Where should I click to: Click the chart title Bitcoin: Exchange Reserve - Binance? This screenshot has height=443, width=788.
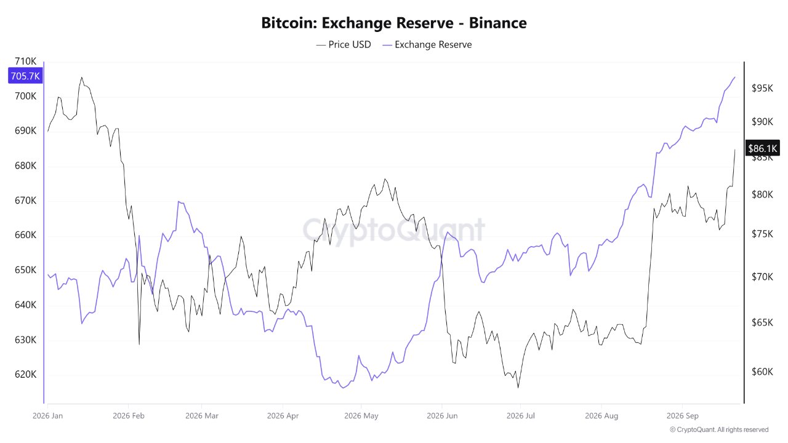pyautogui.click(x=393, y=23)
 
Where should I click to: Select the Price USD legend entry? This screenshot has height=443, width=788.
pyautogui.click(x=344, y=45)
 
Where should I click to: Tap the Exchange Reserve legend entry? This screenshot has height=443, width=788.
pyautogui.click(x=427, y=45)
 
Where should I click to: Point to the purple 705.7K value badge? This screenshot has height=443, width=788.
pyautogui.click(x=25, y=76)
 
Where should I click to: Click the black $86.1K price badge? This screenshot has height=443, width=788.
pyautogui.click(x=763, y=148)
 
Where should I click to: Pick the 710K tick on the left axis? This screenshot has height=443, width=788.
pyautogui.click(x=25, y=61)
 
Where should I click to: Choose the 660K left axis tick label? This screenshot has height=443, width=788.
pyautogui.click(x=25, y=235)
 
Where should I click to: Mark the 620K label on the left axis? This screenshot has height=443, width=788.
pyautogui.click(x=25, y=375)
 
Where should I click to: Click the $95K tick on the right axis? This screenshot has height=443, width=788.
pyautogui.click(x=762, y=88)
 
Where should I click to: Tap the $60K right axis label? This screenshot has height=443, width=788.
pyautogui.click(x=762, y=372)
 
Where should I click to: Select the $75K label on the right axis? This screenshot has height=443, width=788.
pyautogui.click(x=762, y=234)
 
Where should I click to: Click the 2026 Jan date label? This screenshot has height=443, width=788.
pyautogui.click(x=47, y=415)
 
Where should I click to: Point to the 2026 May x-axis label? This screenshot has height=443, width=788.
pyautogui.click(x=361, y=415)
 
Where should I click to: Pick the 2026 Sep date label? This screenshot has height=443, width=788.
pyautogui.click(x=683, y=415)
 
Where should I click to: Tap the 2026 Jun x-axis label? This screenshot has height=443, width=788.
pyautogui.click(x=442, y=415)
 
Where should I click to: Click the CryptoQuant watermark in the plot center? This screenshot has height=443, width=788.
pyautogui.click(x=393, y=230)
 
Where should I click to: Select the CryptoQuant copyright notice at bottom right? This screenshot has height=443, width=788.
pyautogui.click(x=719, y=429)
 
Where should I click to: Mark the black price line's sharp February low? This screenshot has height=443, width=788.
pyautogui.click(x=139, y=344)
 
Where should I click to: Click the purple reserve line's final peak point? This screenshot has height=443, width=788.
pyautogui.click(x=735, y=77)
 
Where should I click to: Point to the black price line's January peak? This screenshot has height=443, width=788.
pyautogui.click(x=82, y=78)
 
